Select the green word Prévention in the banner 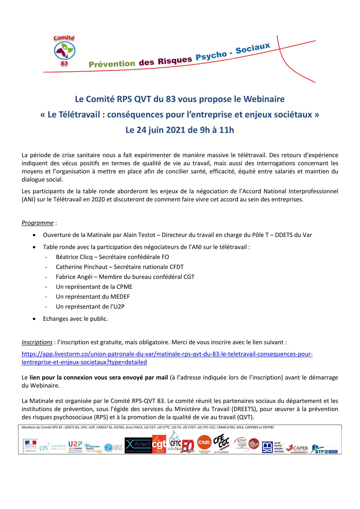(x=112, y=64)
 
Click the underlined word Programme (x=37, y=223)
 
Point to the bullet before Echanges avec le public (x=34, y=319)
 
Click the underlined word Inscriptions (x=37, y=342)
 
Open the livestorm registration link (x=167, y=354)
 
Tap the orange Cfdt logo (x=204, y=443)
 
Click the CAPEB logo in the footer (x=297, y=448)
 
